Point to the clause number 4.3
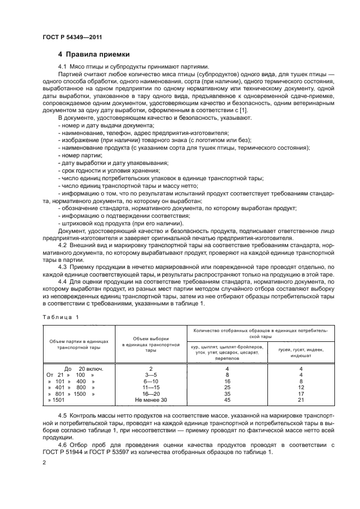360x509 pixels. tap(64, 267)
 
